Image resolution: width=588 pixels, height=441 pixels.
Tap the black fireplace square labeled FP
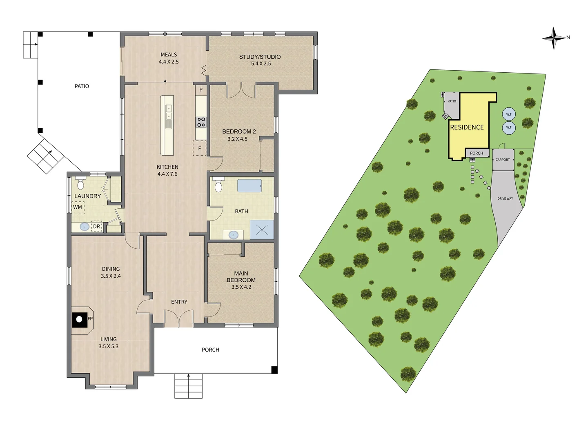(x=80, y=319)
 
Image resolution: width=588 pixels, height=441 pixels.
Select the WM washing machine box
(x=78, y=207)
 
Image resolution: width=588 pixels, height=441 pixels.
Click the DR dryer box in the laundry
(x=96, y=227)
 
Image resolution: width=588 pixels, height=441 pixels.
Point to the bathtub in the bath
(x=249, y=186)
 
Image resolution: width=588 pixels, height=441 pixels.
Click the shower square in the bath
(x=262, y=230)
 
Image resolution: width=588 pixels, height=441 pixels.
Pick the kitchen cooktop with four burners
(x=201, y=122)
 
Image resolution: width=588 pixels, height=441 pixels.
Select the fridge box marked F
(x=200, y=148)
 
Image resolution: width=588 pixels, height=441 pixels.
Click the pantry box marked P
(x=201, y=90)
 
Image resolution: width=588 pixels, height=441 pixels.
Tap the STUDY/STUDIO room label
(x=260, y=57)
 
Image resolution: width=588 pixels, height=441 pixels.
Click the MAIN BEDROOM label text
(x=241, y=277)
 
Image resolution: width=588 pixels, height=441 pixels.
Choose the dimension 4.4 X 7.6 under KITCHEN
(x=167, y=174)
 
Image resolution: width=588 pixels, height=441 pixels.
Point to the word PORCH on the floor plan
(x=210, y=350)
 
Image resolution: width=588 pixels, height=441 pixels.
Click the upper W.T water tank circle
(x=509, y=114)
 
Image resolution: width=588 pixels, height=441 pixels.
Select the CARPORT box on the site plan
(x=503, y=160)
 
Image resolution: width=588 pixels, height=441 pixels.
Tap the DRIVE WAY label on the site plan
(x=505, y=199)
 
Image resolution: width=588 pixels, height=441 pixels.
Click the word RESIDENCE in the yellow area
(x=467, y=127)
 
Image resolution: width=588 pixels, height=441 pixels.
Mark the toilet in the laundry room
(x=80, y=184)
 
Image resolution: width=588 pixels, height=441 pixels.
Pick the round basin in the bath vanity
(x=233, y=235)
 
